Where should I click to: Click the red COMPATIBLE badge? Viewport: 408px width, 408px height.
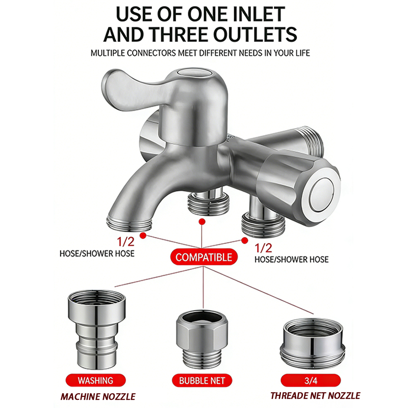pyautogui.click(x=203, y=257)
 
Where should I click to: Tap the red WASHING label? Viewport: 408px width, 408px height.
pyautogui.click(x=95, y=380)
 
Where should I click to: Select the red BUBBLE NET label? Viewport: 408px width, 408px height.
pyautogui.click(x=201, y=380)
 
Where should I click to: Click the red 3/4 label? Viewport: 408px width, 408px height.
pyautogui.click(x=311, y=380)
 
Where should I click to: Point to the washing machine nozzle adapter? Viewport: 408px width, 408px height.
pyautogui.click(x=96, y=329)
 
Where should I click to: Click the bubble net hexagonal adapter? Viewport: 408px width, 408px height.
pyautogui.click(x=202, y=338)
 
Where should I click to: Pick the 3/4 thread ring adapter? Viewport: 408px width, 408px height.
pyautogui.click(x=313, y=343)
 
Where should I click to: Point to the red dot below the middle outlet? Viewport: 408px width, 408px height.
pyautogui.click(x=202, y=222)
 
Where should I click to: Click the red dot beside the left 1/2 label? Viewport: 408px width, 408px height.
pyautogui.click(x=143, y=236)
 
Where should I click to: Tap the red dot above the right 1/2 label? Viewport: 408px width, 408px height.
pyautogui.click(x=244, y=241)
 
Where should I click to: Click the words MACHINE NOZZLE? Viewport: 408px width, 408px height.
pyautogui.click(x=98, y=397)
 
